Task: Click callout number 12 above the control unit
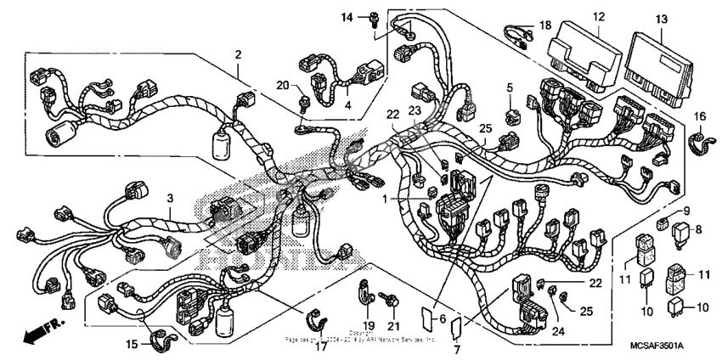point(599,16)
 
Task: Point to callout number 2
point(239,55)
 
